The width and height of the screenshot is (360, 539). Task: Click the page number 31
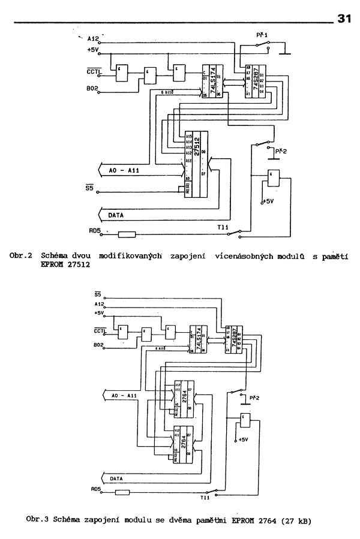click(344, 19)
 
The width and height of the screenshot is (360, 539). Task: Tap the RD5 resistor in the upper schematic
click(127, 234)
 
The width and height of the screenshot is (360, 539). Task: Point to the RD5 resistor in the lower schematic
click(122, 493)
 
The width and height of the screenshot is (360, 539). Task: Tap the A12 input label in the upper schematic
click(93, 38)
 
